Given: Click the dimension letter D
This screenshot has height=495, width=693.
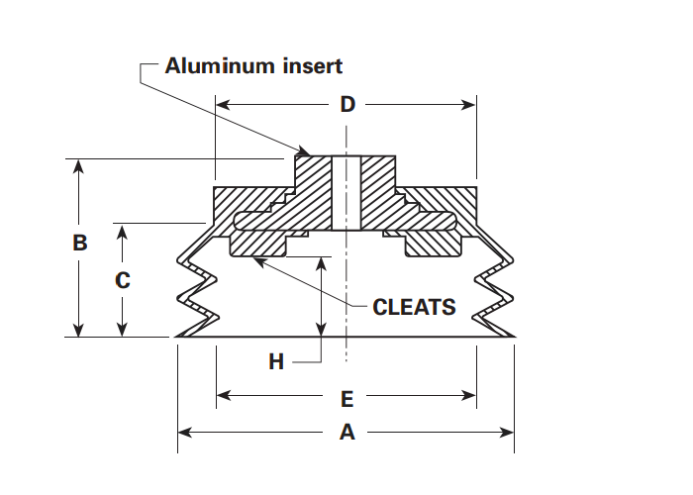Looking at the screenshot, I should [x=346, y=103].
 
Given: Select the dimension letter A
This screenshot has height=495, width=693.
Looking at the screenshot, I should [x=346, y=432].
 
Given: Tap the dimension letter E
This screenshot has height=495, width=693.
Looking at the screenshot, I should [x=346, y=399].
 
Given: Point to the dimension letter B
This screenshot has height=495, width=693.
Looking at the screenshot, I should [x=81, y=243].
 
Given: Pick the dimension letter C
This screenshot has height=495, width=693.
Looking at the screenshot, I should [x=122, y=280].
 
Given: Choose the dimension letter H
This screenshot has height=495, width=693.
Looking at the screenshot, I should [x=276, y=362].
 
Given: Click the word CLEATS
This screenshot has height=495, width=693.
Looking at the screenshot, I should [x=414, y=307].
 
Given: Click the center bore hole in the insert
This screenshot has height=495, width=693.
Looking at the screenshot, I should [x=346, y=188].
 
